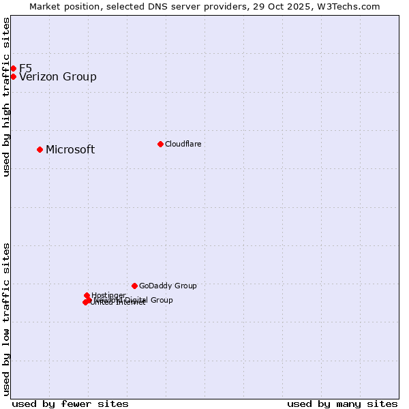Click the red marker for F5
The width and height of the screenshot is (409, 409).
point(13,68)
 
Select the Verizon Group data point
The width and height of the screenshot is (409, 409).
point(13,76)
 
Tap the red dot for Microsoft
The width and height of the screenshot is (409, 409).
point(40,149)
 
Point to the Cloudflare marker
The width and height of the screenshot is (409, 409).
point(160,144)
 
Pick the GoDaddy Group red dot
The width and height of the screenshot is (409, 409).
point(134,286)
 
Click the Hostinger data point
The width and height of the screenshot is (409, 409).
point(87,295)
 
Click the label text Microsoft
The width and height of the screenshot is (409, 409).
point(70,150)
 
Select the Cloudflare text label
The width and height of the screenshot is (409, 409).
point(183,145)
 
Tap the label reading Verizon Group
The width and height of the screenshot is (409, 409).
point(58,77)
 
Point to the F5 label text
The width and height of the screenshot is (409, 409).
point(25,68)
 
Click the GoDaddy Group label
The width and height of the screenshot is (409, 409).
point(168,286)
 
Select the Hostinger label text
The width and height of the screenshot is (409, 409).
point(108,295)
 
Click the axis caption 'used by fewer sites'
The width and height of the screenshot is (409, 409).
point(70,404)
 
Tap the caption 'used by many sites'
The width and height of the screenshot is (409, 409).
point(342,404)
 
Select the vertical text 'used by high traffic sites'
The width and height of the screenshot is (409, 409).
point(6,97)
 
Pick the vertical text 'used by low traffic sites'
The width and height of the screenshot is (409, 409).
point(6,318)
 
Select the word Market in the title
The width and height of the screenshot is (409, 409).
point(46,6)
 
